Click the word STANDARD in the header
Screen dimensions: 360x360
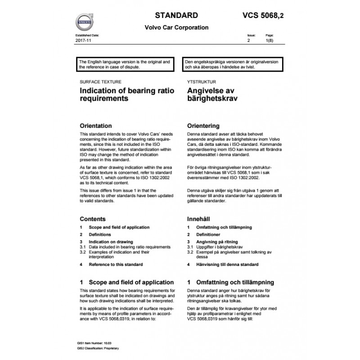(174, 13)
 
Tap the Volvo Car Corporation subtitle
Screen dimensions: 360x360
(176, 27)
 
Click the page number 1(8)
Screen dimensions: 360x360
(270, 40)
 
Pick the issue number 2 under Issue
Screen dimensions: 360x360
(248, 40)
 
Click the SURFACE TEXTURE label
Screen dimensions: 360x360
(98, 83)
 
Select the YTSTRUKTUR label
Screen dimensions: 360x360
(202, 83)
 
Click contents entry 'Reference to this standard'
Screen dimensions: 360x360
(116, 265)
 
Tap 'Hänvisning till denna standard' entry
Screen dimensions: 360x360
(228, 265)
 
